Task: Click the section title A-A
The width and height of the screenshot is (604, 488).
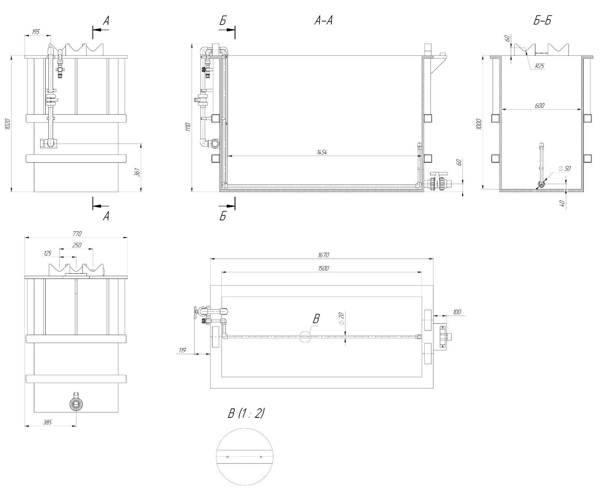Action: point(323,21)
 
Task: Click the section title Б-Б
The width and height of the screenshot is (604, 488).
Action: point(542,21)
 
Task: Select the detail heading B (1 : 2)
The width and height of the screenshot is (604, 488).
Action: point(246,413)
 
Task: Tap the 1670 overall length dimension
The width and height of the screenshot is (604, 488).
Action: point(324,255)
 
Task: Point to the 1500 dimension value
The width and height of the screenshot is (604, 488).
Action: point(324,268)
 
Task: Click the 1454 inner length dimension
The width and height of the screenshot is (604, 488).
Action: point(322,153)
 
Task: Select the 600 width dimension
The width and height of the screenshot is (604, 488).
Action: point(540,105)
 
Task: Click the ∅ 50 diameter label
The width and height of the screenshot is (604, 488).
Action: point(564,169)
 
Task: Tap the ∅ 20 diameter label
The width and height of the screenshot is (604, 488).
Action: point(342,319)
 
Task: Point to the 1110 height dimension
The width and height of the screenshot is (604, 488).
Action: point(188,126)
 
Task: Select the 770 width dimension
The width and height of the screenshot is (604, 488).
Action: point(76,234)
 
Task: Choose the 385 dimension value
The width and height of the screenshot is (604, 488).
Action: point(47,422)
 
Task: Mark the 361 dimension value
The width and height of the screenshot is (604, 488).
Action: point(137,172)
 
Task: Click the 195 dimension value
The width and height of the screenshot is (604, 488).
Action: point(35,32)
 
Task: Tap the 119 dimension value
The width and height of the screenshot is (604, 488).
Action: point(182,350)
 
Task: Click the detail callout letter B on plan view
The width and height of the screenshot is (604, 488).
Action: point(316,319)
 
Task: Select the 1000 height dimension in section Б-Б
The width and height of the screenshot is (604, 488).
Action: point(479,124)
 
